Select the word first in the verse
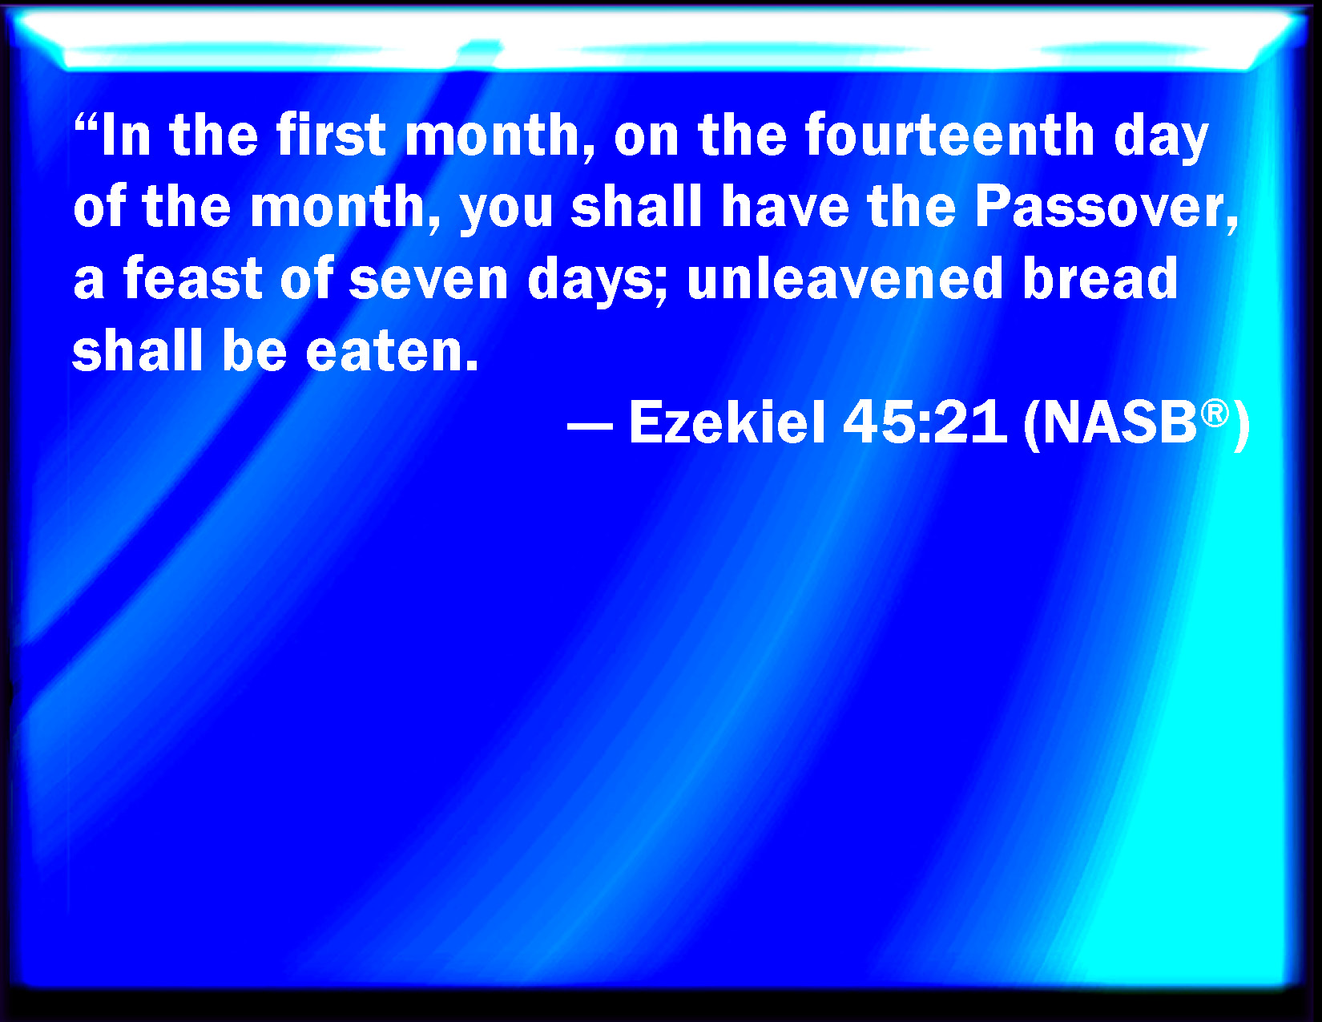pyautogui.click(x=330, y=135)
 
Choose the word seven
pyautogui.click(x=429, y=283)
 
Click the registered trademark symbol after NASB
pyautogui.click(x=1215, y=414)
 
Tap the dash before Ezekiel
pyautogui.click(x=590, y=426)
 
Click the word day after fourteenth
pyautogui.click(x=1162, y=139)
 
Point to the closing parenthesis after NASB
pyautogui.click(x=1240, y=426)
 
